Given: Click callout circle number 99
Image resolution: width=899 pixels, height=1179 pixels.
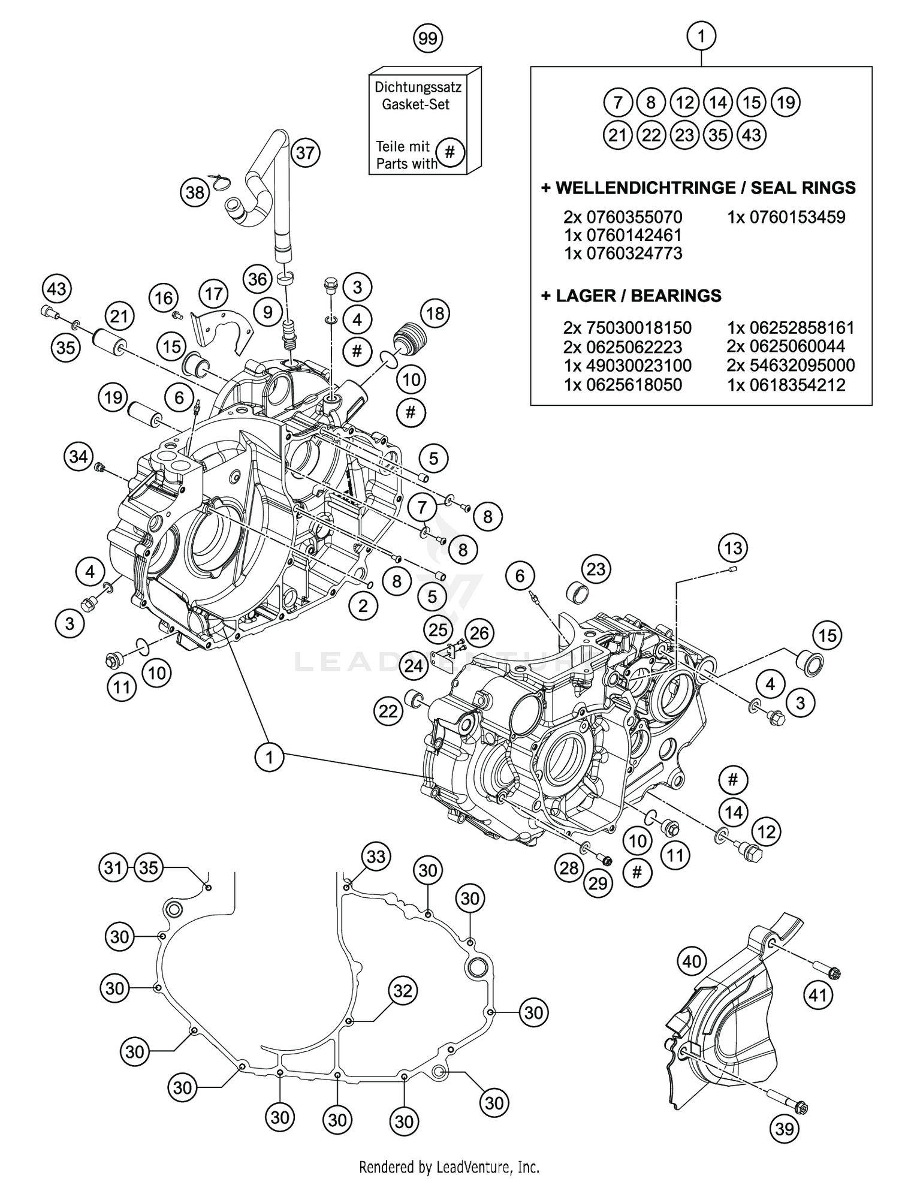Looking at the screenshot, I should (427, 39).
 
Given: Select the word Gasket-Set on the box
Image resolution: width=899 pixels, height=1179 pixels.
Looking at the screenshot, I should (416, 104).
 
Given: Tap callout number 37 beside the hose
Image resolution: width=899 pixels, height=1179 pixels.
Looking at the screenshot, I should (305, 153).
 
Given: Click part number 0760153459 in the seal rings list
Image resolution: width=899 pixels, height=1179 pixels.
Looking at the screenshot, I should (786, 217).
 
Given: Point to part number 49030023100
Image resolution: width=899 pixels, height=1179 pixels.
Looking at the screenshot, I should (628, 365).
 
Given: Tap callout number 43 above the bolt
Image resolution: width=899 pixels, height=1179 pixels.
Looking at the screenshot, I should (56, 290).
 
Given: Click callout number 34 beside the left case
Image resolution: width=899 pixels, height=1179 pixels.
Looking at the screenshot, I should (79, 457).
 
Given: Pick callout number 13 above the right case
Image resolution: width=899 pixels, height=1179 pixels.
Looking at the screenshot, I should (733, 548).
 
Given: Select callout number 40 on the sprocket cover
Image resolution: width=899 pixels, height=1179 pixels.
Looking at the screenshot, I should (692, 962).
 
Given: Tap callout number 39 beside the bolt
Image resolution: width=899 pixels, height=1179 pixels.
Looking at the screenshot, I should (784, 1129).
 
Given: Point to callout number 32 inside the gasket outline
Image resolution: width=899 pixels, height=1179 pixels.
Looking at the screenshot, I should (402, 991).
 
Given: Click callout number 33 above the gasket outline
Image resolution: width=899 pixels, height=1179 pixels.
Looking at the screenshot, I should (376, 857).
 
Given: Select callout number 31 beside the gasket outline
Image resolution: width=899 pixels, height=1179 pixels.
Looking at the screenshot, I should (114, 868).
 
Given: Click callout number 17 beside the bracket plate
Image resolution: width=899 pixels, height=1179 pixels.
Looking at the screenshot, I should (213, 294).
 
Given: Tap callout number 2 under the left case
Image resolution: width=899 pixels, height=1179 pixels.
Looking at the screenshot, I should (363, 606).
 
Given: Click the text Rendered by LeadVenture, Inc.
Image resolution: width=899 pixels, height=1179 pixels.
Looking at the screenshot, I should (449, 1166).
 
